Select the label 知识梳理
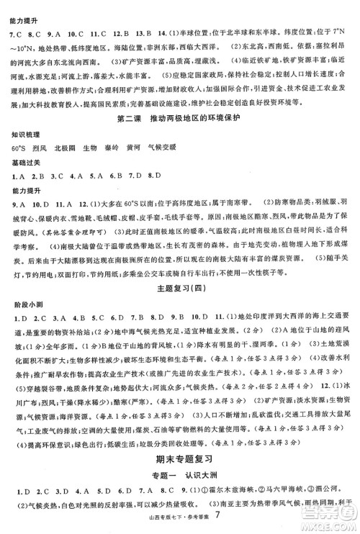[19, 135]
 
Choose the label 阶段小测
[19, 286]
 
